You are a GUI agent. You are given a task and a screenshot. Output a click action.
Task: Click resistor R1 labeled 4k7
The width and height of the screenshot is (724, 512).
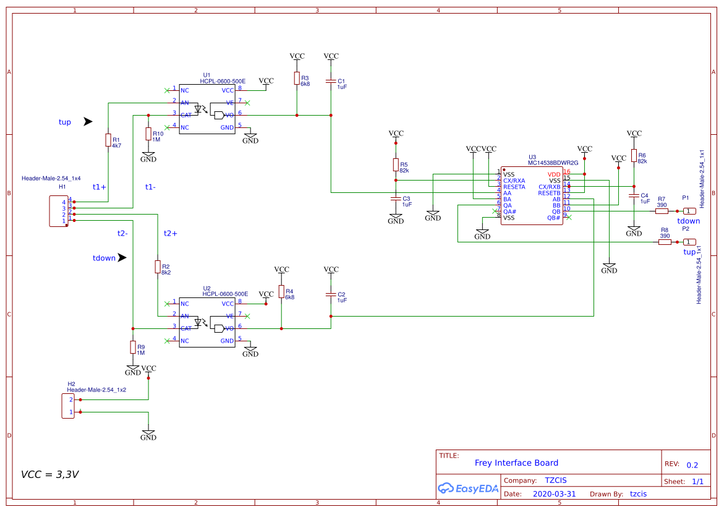pos(108,140)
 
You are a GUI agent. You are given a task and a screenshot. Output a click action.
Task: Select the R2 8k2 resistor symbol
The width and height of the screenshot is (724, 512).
pos(158,267)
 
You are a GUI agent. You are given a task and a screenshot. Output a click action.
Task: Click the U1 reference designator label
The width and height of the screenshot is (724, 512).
pos(207,75)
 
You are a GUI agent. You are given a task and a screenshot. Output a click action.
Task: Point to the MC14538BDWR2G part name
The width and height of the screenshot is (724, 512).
pos(553,163)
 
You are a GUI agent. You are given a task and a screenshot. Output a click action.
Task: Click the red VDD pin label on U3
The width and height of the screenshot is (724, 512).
pos(553,174)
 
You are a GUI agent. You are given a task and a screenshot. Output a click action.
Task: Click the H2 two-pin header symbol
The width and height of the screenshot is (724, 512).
pos(68,406)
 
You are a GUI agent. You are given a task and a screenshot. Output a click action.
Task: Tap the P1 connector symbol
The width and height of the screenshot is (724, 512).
pos(689,211)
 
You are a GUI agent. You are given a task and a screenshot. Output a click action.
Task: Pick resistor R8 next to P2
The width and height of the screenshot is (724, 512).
pos(665,242)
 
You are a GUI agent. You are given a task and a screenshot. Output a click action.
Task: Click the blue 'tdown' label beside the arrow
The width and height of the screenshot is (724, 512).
pos(104,258)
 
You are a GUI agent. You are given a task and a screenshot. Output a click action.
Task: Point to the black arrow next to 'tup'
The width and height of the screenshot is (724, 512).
pos(88,122)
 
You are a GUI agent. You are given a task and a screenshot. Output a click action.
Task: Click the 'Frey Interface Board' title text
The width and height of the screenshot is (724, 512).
pos(516,463)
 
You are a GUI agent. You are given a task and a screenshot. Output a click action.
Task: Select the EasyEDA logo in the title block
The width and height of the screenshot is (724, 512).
pos(468,488)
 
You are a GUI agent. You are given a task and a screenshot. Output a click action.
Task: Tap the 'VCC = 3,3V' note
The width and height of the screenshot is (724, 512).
pos(49,474)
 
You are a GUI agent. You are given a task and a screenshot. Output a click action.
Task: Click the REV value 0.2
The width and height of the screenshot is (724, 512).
pos(692,465)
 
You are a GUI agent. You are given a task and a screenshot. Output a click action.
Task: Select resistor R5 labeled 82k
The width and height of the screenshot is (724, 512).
pos(396,164)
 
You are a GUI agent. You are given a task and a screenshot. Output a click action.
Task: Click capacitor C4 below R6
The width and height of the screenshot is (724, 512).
pos(634,196)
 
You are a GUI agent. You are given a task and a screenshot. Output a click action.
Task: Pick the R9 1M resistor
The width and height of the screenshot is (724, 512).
pos(133,347)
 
